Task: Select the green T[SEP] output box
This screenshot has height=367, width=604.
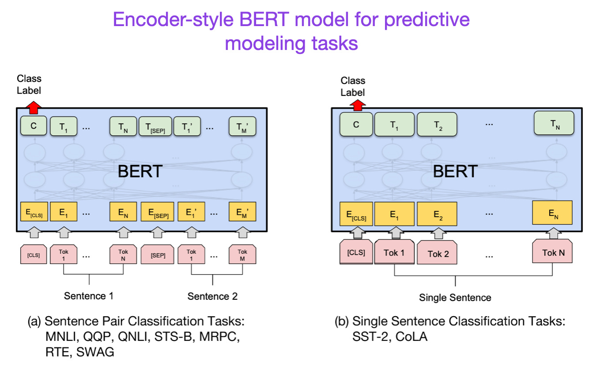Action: point(155,126)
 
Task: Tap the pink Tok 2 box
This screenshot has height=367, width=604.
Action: point(438,254)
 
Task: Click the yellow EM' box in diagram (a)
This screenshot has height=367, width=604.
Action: point(242,212)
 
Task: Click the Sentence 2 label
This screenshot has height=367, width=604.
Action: point(212,296)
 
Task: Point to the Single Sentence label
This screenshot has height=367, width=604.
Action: point(455,298)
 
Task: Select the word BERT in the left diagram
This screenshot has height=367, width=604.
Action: point(140,171)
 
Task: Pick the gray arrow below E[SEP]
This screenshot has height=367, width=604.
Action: point(157,232)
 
